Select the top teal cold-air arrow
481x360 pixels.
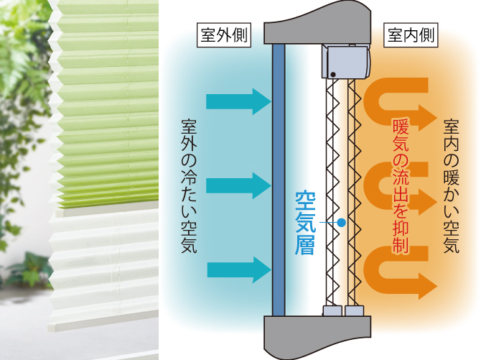tap(238, 101)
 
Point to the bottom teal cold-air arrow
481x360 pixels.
tap(238, 270)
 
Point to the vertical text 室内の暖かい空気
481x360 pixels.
tap(452, 186)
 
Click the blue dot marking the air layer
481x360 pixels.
tap(341, 223)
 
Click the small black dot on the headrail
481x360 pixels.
tap(333, 73)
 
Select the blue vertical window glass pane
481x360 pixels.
tap(279, 180)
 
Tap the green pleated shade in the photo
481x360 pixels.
tap(108, 108)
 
